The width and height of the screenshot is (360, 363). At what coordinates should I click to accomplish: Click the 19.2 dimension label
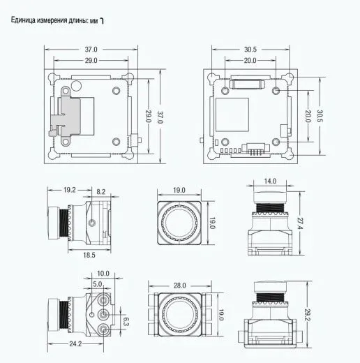70,190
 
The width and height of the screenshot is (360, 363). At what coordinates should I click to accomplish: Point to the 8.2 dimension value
101,192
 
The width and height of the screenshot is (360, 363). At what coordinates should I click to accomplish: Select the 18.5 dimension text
89,255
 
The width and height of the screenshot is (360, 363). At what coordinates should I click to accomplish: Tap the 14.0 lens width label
270,181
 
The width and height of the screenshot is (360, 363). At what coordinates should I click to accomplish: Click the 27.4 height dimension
300,223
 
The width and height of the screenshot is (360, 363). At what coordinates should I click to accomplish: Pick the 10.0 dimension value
103,273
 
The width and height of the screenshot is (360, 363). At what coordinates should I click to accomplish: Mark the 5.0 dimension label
98,284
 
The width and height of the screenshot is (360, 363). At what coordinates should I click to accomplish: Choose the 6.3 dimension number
126,322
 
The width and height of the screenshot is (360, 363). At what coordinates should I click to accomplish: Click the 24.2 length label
75,343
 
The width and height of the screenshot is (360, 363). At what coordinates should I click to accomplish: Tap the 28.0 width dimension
180,286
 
